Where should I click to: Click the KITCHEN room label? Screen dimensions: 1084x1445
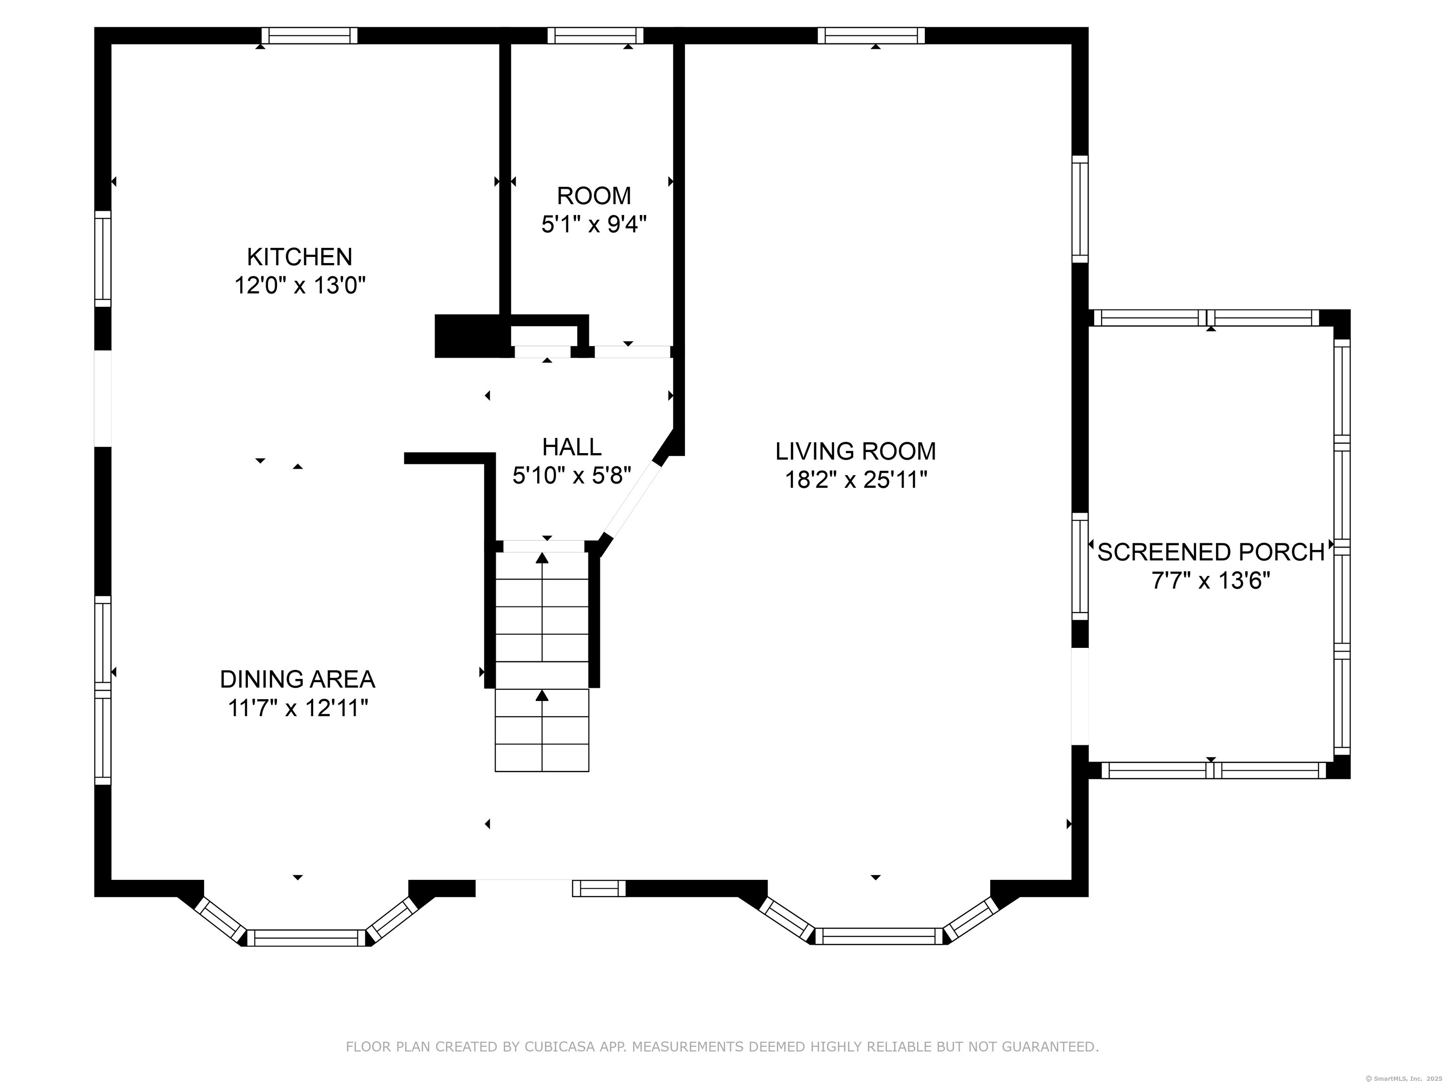pyautogui.click(x=299, y=257)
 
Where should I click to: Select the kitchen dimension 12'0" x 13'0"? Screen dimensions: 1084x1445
pyautogui.click(x=299, y=286)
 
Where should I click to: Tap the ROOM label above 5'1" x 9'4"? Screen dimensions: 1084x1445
pyautogui.click(x=593, y=195)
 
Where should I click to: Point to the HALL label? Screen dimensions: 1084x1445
pyautogui.click(x=572, y=447)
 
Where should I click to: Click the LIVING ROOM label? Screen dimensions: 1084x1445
pyautogui.click(x=855, y=451)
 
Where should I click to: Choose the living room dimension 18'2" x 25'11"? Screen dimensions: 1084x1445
pyautogui.click(x=855, y=480)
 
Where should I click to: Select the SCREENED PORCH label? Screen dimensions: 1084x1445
pyautogui.click(x=1210, y=552)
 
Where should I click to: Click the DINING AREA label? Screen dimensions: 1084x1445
pyautogui.click(x=297, y=679)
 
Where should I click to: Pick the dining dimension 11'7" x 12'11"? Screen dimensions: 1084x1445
pyautogui.click(x=297, y=708)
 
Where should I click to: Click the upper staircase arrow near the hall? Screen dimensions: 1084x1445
pyautogui.click(x=541, y=558)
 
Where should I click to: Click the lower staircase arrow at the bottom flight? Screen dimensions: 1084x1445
pyautogui.click(x=541, y=695)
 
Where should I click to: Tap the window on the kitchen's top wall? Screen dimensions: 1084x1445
pyautogui.click(x=310, y=35)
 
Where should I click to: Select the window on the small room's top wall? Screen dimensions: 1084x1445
pyautogui.click(x=595, y=35)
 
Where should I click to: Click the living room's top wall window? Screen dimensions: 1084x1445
pyautogui.click(x=872, y=35)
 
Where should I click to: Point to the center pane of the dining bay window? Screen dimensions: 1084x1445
pyautogui.click(x=306, y=938)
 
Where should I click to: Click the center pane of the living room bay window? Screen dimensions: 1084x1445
pyautogui.click(x=879, y=936)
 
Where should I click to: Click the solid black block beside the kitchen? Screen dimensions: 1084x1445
pyautogui.click(x=468, y=336)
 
